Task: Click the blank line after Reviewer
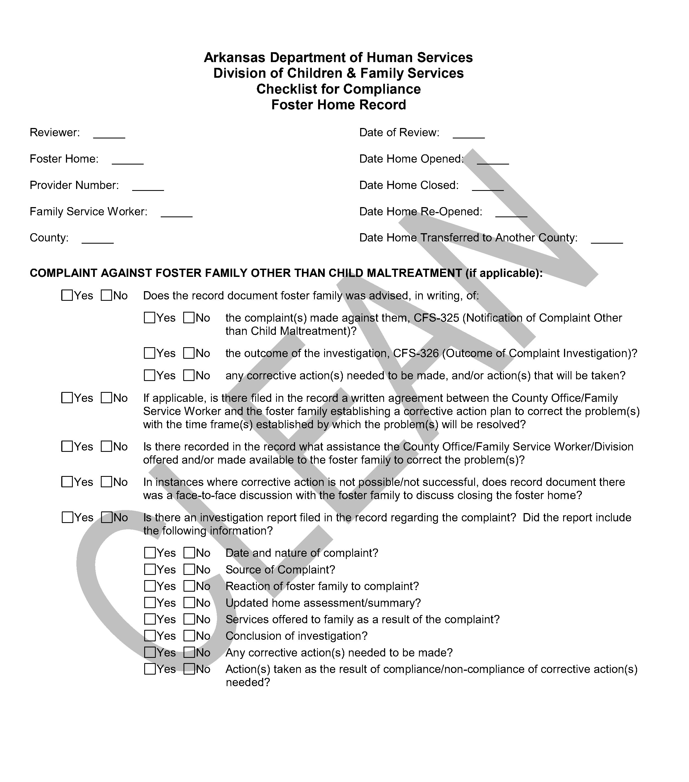click(x=109, y=135)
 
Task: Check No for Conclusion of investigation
click(x=189, y=636)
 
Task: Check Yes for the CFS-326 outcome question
click(x=149, y=353)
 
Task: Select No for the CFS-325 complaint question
click(x=189, y=318)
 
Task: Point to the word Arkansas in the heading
click(x=234, y=58)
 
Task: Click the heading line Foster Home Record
click(x=338, y=105)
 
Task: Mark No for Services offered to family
click(x=189, y=619)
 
